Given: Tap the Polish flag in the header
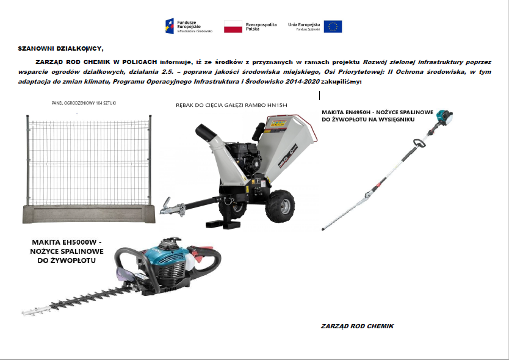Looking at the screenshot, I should coord(233,26).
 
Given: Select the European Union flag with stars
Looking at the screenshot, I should coord(333,26).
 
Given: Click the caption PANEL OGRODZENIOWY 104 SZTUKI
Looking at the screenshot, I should coord(84,103).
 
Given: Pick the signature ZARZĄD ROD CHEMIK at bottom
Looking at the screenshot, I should coord(357,326).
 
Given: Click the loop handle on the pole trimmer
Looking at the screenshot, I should coord(418,143).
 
